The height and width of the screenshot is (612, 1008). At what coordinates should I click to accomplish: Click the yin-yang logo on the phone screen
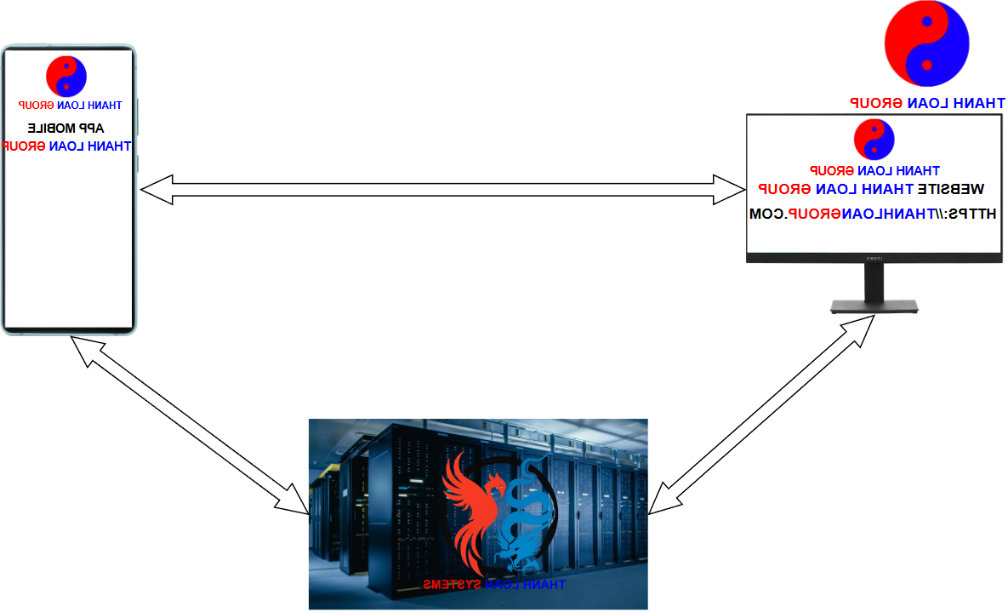click(66, 76)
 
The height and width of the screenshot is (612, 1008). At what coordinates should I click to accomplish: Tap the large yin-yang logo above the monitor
click(926, 43)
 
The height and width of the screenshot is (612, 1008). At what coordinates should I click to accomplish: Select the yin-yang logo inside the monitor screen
click(874, 140)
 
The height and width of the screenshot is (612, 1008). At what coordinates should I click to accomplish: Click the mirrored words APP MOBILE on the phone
click(65, 128)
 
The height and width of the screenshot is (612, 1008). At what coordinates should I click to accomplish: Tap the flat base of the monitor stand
click(875, 306)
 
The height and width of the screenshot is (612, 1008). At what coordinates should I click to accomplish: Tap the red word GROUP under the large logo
click(875, 103)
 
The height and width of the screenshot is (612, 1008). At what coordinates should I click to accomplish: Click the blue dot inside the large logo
click(927, 20)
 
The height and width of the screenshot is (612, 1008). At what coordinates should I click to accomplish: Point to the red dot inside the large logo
click(926, 65)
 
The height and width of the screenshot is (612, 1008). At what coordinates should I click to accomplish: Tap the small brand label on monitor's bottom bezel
click(874, 258)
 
